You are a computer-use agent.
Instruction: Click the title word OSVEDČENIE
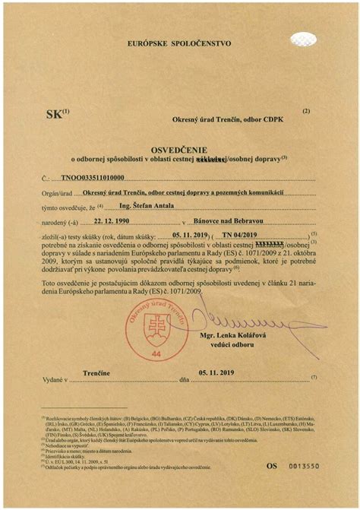click(x=180, y=150)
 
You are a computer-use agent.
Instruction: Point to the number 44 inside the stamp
click(x=156, y=353)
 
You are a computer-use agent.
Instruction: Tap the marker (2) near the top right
click(x=305, y=111)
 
